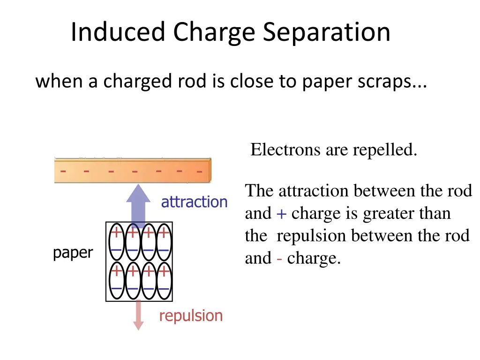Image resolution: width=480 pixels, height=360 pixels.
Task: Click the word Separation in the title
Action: [326, 32]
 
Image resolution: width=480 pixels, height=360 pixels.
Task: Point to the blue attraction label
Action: [194, 202]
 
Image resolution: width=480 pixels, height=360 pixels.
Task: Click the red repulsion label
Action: [191, 315]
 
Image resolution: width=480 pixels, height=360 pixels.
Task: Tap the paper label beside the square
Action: [73, 253]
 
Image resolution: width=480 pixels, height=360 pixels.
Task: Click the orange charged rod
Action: [133, 171]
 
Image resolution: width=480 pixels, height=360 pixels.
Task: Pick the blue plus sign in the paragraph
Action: [281, 214]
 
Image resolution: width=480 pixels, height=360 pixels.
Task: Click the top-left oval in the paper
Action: [117, 241]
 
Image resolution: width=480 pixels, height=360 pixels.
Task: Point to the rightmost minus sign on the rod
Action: [199, 172]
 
